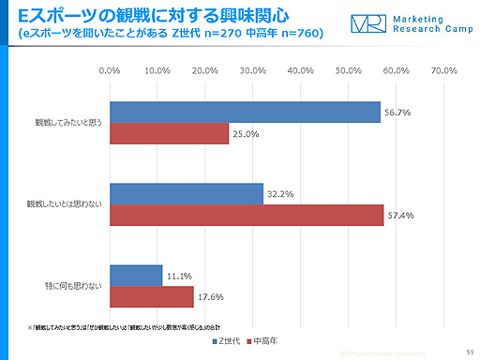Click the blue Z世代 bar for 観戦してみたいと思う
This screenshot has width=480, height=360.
pyautogui.click(x=245, y=112)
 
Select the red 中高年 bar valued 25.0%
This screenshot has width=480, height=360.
pyautogui.click(x=169, y=134)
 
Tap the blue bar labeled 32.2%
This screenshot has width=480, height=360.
pyautogui.click(x=187, y=194)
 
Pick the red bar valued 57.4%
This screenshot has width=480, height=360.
pyautogui.click(x=247, y=216)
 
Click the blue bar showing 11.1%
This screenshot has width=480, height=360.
pyautogui.click(x=136, y=276)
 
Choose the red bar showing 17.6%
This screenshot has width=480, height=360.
pyautogui.click(x=152, y=297)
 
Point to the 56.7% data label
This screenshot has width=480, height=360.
pyautogui.click(x=397, y=112)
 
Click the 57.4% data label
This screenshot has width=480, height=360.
pyautogui.click(x=400, y=216)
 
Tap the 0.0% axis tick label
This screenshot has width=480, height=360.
pyautogui.click(x=110, y=71)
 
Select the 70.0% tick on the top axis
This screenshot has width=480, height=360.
pyautogui.click(x=443, y=71)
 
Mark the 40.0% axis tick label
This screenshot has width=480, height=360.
pyautogui.click(x=300, y=71)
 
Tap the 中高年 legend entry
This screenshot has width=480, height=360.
pyautogui.click(x=267, y=339)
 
